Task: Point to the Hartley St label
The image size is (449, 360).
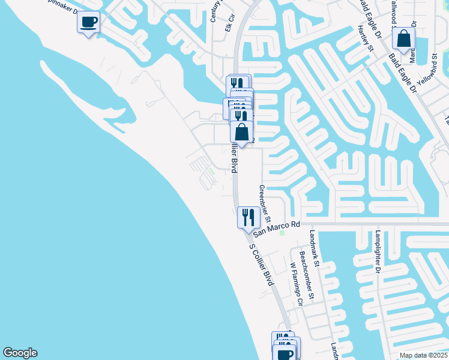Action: coord(365,38)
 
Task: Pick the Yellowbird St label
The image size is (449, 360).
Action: coord(428,72)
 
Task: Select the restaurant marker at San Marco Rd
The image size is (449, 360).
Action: coord(249,217)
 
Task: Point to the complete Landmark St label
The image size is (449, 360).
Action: coord(315,248)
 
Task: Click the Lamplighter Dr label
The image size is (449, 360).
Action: coord(378,252)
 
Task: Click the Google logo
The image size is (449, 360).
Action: coord(20,353)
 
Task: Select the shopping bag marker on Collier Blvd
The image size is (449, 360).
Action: coord(241,133)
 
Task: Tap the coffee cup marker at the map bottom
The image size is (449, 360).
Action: coord(285,353)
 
